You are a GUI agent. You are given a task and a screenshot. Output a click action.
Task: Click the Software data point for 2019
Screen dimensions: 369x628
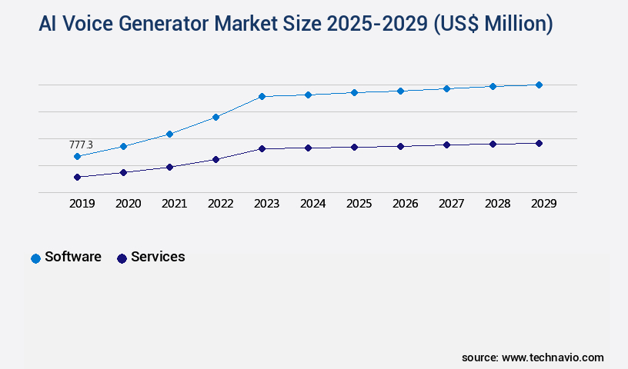pyautogui.click(x=77, y=156)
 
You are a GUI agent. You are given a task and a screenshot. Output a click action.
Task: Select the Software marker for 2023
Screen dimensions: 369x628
pyautogui.click(x=262, y=96)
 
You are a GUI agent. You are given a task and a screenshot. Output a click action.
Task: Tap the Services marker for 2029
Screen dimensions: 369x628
pyautogui.click(x=539, y=143)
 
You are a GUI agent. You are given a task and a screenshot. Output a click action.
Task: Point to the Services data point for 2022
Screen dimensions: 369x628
pyautogui.click(x=215, y=159)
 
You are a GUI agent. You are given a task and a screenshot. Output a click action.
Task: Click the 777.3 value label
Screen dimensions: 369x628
pyautogui.click(x=81, y=145)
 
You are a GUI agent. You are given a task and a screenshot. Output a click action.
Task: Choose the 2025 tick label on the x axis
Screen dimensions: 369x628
pyautogui.click(x=359, y=204)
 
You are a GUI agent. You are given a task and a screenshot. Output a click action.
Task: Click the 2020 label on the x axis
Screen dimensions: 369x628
pyautogui.click(x=128, y=204)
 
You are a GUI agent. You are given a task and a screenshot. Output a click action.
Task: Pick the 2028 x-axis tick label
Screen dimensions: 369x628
pyautogui.click(x=497, y=204)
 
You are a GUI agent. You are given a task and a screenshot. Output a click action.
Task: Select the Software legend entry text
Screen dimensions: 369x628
pyautogui.click(x=73, y=257)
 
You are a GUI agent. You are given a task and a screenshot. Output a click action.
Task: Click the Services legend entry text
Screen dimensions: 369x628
pyautogui.click(x=158, y=257)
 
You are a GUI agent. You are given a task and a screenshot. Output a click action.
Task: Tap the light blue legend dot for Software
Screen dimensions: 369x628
pyautogui.click(x=35, y=258)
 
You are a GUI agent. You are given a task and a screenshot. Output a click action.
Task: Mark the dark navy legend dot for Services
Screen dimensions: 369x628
pyautogui.click(x=122, y=258)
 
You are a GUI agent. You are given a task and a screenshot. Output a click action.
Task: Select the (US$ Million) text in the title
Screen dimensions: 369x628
pyautogui.click(x=493, y=25)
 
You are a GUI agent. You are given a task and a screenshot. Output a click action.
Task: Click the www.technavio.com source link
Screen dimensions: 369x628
pyautogui.click(x=553, y=357)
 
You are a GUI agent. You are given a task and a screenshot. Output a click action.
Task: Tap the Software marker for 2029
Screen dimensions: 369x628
pyautogui.click(x=539, y=85)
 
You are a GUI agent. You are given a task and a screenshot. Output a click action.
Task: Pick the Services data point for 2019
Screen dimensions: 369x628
pyautogui.click(x=77, y=177)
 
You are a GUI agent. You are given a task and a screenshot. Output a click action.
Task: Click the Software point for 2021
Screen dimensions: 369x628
pyautogui.click(x=169, y=134)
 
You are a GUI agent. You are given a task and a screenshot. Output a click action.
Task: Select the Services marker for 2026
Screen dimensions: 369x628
pyautogui.click(x=400, y=146)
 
